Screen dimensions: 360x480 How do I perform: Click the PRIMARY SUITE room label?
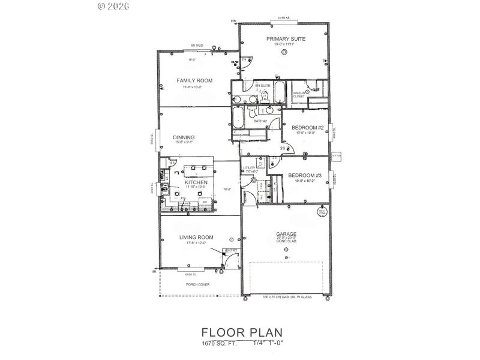coord(286,38)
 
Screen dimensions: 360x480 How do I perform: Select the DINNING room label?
coord(184,137)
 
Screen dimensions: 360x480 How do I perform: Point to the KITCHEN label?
coord(196,182)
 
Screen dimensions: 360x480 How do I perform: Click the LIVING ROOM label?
coord(196,237)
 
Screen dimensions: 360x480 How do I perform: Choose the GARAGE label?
coord(286,234)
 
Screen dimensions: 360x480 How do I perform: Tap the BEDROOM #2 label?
coord(308,127)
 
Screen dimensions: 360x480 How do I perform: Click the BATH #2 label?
coord(260,122)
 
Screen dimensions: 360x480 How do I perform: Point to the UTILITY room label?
coord(248,168)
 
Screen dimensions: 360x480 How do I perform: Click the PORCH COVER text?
coord(197,284)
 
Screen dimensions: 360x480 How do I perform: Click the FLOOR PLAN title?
coord(241,332)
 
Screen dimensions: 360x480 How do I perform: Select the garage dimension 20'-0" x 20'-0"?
coord(286,239)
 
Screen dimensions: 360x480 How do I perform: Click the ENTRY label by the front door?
coord(230,251)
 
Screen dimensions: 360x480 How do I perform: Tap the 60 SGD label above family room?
coord(197,46)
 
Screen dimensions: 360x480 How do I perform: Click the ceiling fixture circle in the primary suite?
coord(284,52)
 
